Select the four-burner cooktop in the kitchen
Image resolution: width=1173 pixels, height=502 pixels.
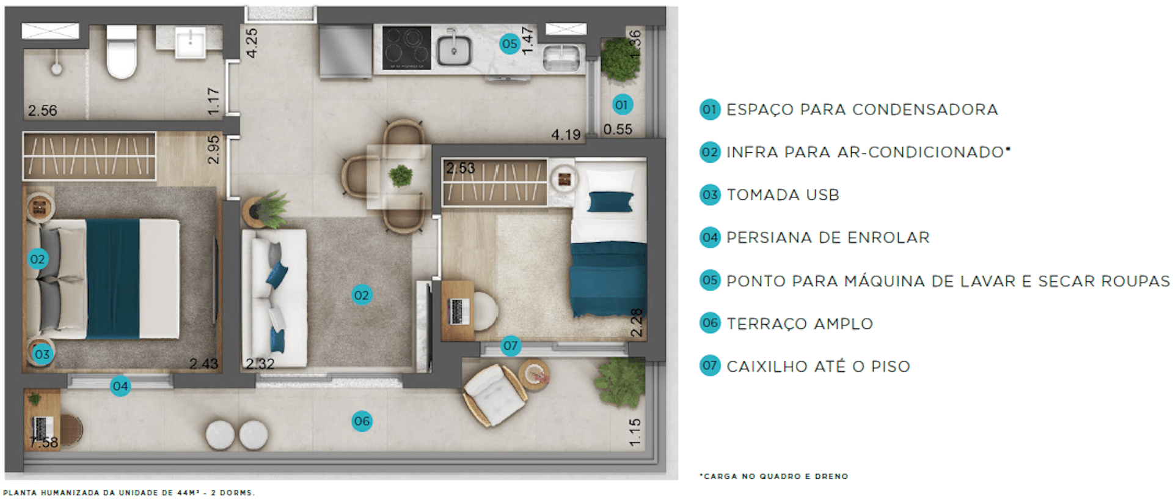coord(406,48)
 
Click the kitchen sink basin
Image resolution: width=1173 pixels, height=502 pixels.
coord(454,50)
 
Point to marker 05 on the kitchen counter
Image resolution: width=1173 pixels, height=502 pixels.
coord(509,43)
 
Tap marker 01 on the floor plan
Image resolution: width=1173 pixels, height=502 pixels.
coord(621,105)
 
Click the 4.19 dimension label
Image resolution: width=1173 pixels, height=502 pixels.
coord(566,135)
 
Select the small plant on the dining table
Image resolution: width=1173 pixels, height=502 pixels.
coord(401,175)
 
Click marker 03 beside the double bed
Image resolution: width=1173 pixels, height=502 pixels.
coord(42,354)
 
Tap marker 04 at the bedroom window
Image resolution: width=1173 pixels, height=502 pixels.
coord(120,386)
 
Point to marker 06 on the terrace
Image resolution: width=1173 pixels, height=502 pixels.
coord(362,421)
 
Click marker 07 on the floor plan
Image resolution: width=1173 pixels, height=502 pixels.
coord(510,345)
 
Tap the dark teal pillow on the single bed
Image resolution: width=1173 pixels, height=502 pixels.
coord(610,202)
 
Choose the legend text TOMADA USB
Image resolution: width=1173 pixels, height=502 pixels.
coord(783,195)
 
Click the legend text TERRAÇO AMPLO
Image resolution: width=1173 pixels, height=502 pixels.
coord(800,323)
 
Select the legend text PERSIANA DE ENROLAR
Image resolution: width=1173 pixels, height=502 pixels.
coord(828,237)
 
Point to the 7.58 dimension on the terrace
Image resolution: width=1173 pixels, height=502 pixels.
coord(43,442)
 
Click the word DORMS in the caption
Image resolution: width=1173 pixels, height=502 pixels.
coord(237,493)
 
